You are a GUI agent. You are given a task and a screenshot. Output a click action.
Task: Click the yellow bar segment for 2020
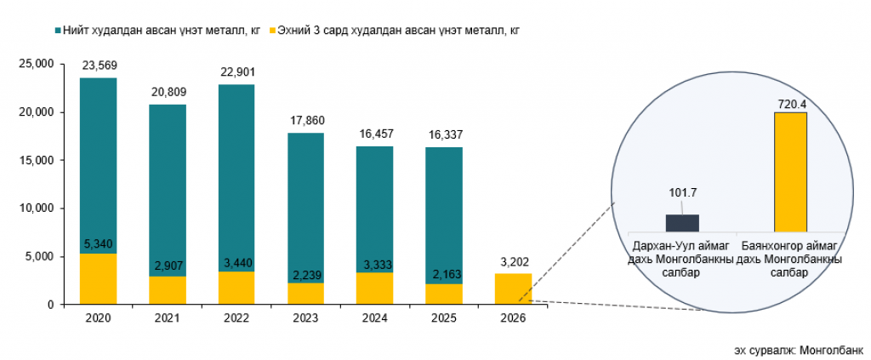(98, 278)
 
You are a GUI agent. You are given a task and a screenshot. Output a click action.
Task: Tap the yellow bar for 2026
(514, 289)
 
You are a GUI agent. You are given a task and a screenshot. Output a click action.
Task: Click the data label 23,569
(99, 66)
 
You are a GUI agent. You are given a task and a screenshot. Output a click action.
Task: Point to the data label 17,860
(306, 120)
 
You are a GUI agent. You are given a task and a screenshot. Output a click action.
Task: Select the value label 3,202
(514, 261)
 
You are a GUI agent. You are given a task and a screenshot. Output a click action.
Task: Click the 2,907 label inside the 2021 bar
(168, 266)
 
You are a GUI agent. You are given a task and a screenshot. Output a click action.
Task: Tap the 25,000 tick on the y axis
(37, 64)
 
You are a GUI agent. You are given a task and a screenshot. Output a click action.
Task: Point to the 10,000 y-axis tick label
(37, 208)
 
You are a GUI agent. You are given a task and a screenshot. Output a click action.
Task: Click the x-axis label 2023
(306, 317)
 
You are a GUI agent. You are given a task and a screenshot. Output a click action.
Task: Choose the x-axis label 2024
(375, 317)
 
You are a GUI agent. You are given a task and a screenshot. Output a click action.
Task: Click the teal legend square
(57, 30)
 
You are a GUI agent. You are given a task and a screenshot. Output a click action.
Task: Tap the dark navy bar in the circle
(682, 222)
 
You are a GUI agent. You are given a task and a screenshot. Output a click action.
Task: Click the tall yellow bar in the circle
(790, 171)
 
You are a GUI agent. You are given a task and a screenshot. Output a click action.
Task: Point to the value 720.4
(791, 104)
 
